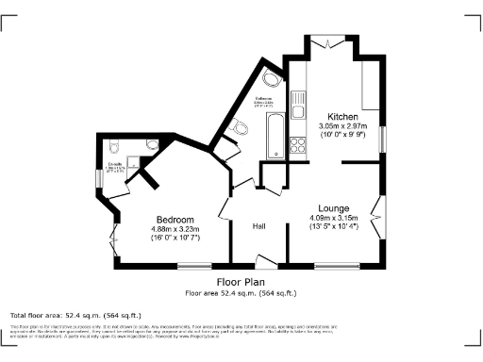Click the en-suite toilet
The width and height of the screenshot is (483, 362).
(113, 146)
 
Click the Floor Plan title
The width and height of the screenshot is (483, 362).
(241, 282)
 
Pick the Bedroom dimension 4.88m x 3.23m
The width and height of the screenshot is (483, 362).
(175, 229)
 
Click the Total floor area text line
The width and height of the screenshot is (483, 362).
(75, 314)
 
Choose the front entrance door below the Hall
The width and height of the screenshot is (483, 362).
(267, 261)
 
